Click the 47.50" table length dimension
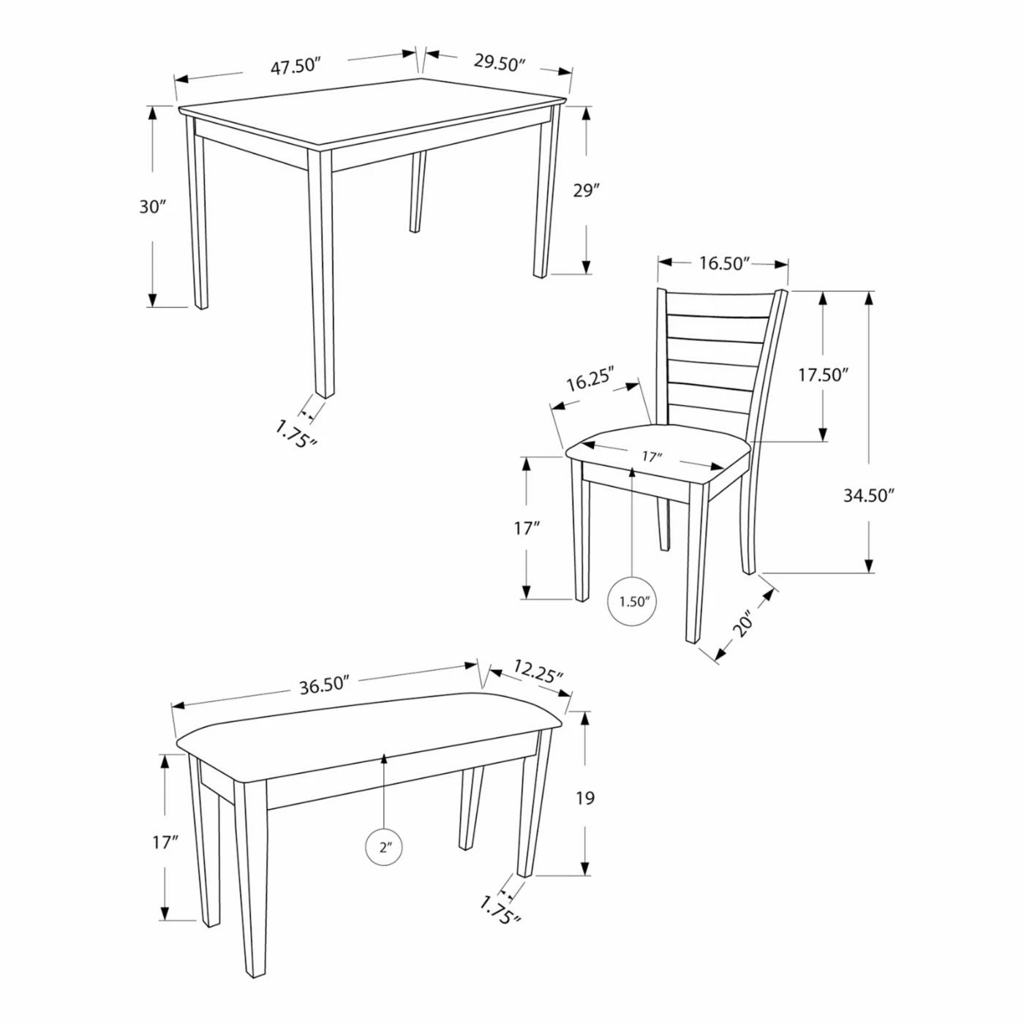click(x=295, y=67)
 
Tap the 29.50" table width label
click(x=500, y=63)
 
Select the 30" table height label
click(x=153, y=206)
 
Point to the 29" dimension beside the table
click(x=586, y=190)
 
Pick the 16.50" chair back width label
click(x=723, y=263)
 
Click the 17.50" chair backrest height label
click(x=821, y=374)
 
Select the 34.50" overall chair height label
click(x=870, y=495)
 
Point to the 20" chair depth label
click(x=743, y=622)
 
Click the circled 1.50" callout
click(x=631, y=601)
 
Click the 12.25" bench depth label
click(x=538, y=671)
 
